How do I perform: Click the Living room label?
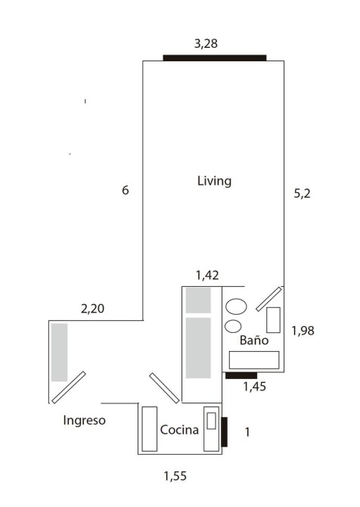pyautogui.click(x=214, y=181)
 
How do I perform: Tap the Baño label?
pyautogui.click(x=254, y=340)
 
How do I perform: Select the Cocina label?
pyautogui.click(x=179, y=430)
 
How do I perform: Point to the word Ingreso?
pyautogui.click(x=85, y=420)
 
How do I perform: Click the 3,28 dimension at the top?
pyautogui.click(x=206, y=43)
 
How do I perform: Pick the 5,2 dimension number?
pyautogui.click(x=302, y=194)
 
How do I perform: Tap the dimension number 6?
pyautogui.click(x=126, y=190)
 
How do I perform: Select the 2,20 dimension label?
pyautogui.click(x=92, y=309)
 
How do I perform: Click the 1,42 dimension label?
pyautogui.click(x=207, y=275)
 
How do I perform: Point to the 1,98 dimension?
pyautogui.click(x=303, y=331)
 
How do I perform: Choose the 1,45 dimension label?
pyautogui.click(x=255, y=387)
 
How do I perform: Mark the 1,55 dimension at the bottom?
pyautogui.click(x=175, y=476)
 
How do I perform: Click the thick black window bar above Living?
pyautogui.click(x=215, y=58)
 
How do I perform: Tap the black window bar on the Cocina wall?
pyautogui.click(x=224, y=432)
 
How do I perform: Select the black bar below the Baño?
pyautogui.click(x=241, y=375)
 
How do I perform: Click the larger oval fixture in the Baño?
pyautogui.click(x=236, y=306)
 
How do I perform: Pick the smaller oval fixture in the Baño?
pyautogui.click(x=233, y=326)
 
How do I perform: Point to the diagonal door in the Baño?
pyautogui.click(x=268, y=299)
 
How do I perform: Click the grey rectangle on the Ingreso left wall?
pyautogui.click(x=59, y=352)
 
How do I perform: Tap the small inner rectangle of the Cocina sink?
pyautogui.click(x=211, y=421)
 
